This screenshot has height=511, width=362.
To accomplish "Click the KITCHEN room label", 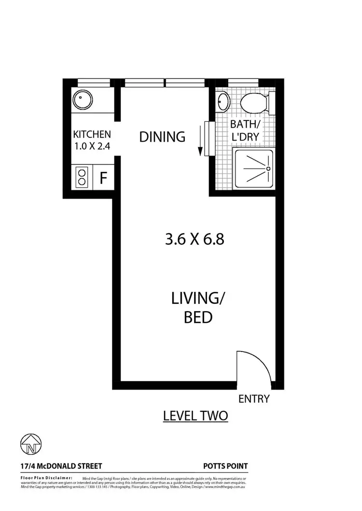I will point(92,134).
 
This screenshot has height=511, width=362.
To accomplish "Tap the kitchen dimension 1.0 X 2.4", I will point(92,146).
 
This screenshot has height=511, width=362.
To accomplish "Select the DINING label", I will point(162,137).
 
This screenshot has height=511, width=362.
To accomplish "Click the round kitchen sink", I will point(80,101).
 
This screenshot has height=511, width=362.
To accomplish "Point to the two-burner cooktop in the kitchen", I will point(82,177).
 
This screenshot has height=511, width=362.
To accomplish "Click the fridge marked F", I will point(103,178).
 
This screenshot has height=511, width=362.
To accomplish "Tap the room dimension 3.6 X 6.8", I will point(195,239).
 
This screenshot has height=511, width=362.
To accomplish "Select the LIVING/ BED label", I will point(198,308).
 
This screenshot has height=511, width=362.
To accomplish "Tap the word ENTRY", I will point(254,399).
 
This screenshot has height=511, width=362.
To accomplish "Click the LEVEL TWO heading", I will point(195,416).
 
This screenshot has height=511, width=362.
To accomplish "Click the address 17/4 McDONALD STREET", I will point(61,466).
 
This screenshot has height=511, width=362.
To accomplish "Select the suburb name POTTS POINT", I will point(225,466).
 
